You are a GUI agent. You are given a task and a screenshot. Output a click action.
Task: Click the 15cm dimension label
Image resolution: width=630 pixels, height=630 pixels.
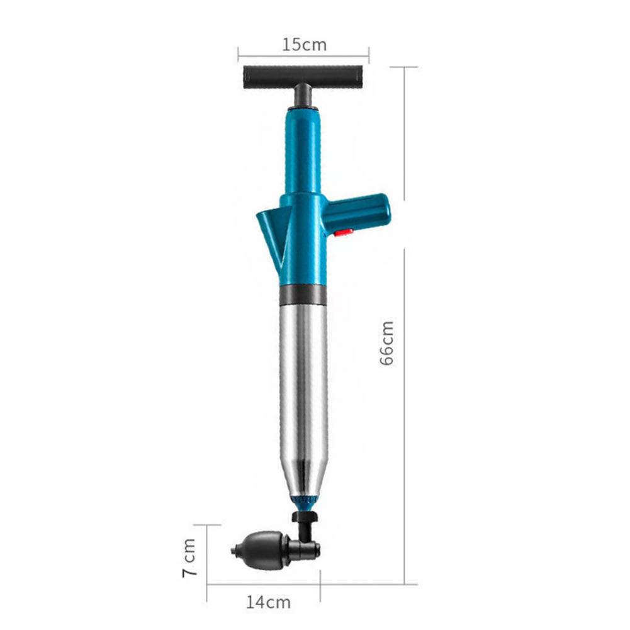coord(304,45)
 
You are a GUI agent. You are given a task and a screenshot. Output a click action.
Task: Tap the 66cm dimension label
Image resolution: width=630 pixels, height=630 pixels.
coord(387,343)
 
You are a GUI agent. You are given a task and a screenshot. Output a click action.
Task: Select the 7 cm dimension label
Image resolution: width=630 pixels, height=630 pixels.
coord(189,558)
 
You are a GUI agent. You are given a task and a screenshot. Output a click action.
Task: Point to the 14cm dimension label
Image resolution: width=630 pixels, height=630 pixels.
coord(268,602)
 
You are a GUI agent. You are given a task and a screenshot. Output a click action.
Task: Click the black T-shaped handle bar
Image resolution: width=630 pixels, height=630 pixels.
coord(303,78)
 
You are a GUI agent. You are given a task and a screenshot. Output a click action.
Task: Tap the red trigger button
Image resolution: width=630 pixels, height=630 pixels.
coord(344,232)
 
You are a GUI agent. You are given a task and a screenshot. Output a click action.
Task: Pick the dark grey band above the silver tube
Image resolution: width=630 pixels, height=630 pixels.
coord(303,295)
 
